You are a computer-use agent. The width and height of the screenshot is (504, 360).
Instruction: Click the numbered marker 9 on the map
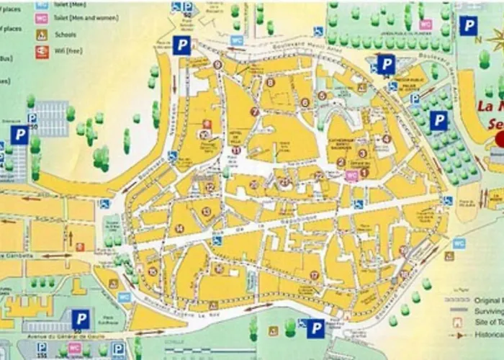coord(217,65)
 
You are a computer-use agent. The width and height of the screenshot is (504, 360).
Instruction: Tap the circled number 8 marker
coord(270,82)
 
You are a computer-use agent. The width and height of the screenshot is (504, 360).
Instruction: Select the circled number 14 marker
coord(179,228)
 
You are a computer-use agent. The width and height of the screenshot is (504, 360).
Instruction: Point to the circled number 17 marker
coord(315,275)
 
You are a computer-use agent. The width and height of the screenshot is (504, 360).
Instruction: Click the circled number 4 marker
coord(387,139)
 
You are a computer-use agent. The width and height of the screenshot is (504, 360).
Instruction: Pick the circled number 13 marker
coord(207,212)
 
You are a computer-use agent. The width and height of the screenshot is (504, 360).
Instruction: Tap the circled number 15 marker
coord(152,271)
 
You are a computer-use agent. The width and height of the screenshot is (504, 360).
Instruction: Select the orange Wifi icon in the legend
coord(42,51)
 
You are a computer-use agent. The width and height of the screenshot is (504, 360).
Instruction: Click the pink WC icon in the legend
coord(42,19)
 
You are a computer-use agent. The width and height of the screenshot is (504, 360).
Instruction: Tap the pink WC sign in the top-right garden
coord(426,24)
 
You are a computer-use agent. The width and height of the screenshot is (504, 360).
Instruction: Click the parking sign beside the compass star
coord(469,27)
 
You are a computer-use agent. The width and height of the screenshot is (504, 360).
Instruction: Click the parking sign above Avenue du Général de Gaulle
coord(81,318)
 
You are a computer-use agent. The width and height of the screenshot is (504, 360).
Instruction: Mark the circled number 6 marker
coord(305,103)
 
